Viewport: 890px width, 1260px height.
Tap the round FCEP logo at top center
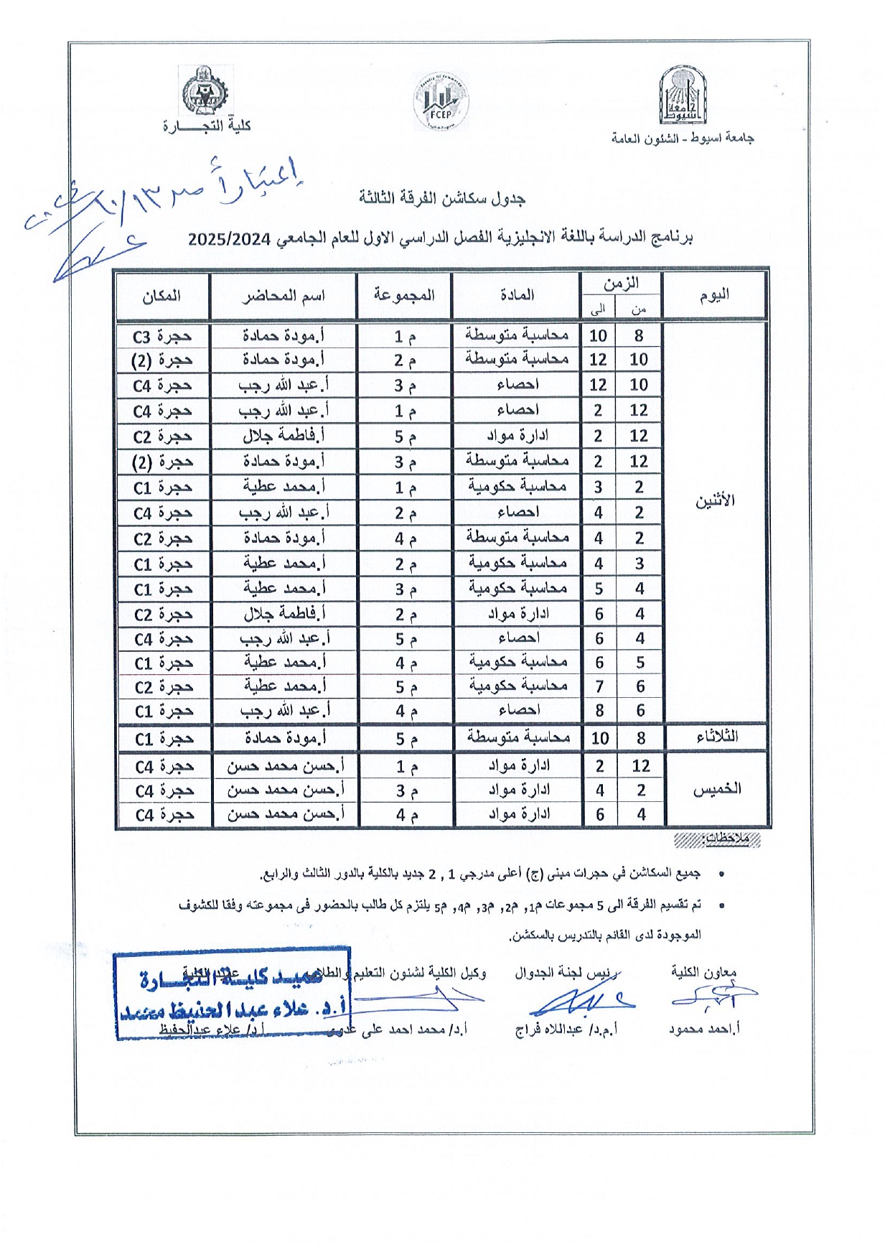point(441,103)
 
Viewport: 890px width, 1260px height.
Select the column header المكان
point(161,296)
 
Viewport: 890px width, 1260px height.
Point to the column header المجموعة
point(403,295)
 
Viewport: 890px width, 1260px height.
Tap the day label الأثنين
point(714,501)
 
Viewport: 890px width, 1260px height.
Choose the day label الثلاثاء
point(716,737)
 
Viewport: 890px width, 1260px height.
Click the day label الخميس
point(716,789)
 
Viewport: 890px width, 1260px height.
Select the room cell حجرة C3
point(162,336)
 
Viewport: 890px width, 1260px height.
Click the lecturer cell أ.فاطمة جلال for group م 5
point(284,436)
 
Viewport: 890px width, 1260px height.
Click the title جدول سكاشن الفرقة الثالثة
point(442,198)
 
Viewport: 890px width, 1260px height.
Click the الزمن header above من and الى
point(621,284)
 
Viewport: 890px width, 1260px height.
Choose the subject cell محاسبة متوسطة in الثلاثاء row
point(517,737)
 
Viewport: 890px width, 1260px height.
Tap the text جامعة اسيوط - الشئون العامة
point(682,138)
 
